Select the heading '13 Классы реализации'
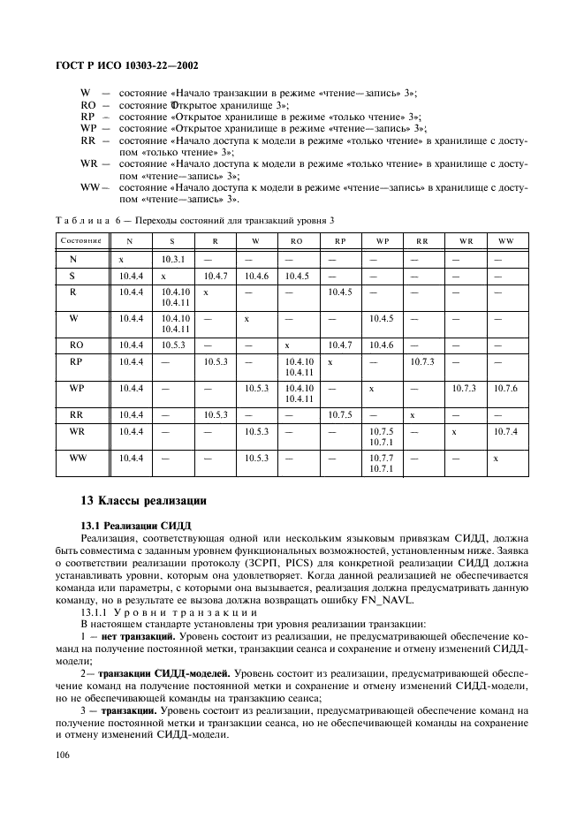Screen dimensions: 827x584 point(143,501)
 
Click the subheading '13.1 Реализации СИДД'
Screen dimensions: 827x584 point(129,525)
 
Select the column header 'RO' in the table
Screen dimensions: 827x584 point(296,241)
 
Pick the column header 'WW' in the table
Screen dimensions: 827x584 point(505,241)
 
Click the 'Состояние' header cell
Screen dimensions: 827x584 point(80,241)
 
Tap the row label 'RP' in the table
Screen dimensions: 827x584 point(76,361)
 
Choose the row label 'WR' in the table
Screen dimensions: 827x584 point(76,431)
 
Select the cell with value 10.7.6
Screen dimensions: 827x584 point(505,389)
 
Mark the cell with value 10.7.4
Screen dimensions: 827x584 point(505,431)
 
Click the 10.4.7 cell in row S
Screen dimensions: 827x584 point(216,277)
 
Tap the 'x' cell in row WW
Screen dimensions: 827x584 point(497,459)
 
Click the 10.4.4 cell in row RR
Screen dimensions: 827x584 point(131,414)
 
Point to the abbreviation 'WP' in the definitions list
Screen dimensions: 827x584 point(88,128)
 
